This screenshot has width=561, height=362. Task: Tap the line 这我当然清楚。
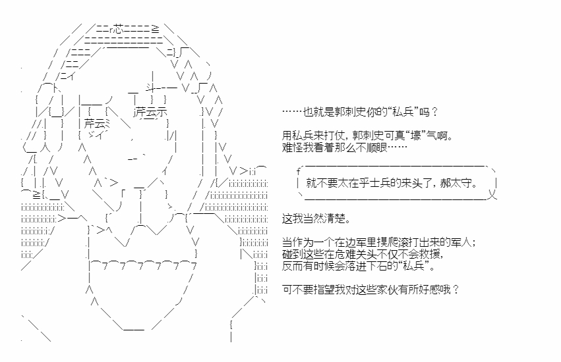coord(316,218)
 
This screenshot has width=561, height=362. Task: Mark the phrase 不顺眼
coord(372,147)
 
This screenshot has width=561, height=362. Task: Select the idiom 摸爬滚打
coord(403,243)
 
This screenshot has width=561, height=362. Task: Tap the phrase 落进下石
coord(379,266)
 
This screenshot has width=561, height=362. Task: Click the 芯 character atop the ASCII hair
coord(118,28)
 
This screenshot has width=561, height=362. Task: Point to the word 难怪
coord(291,147)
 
